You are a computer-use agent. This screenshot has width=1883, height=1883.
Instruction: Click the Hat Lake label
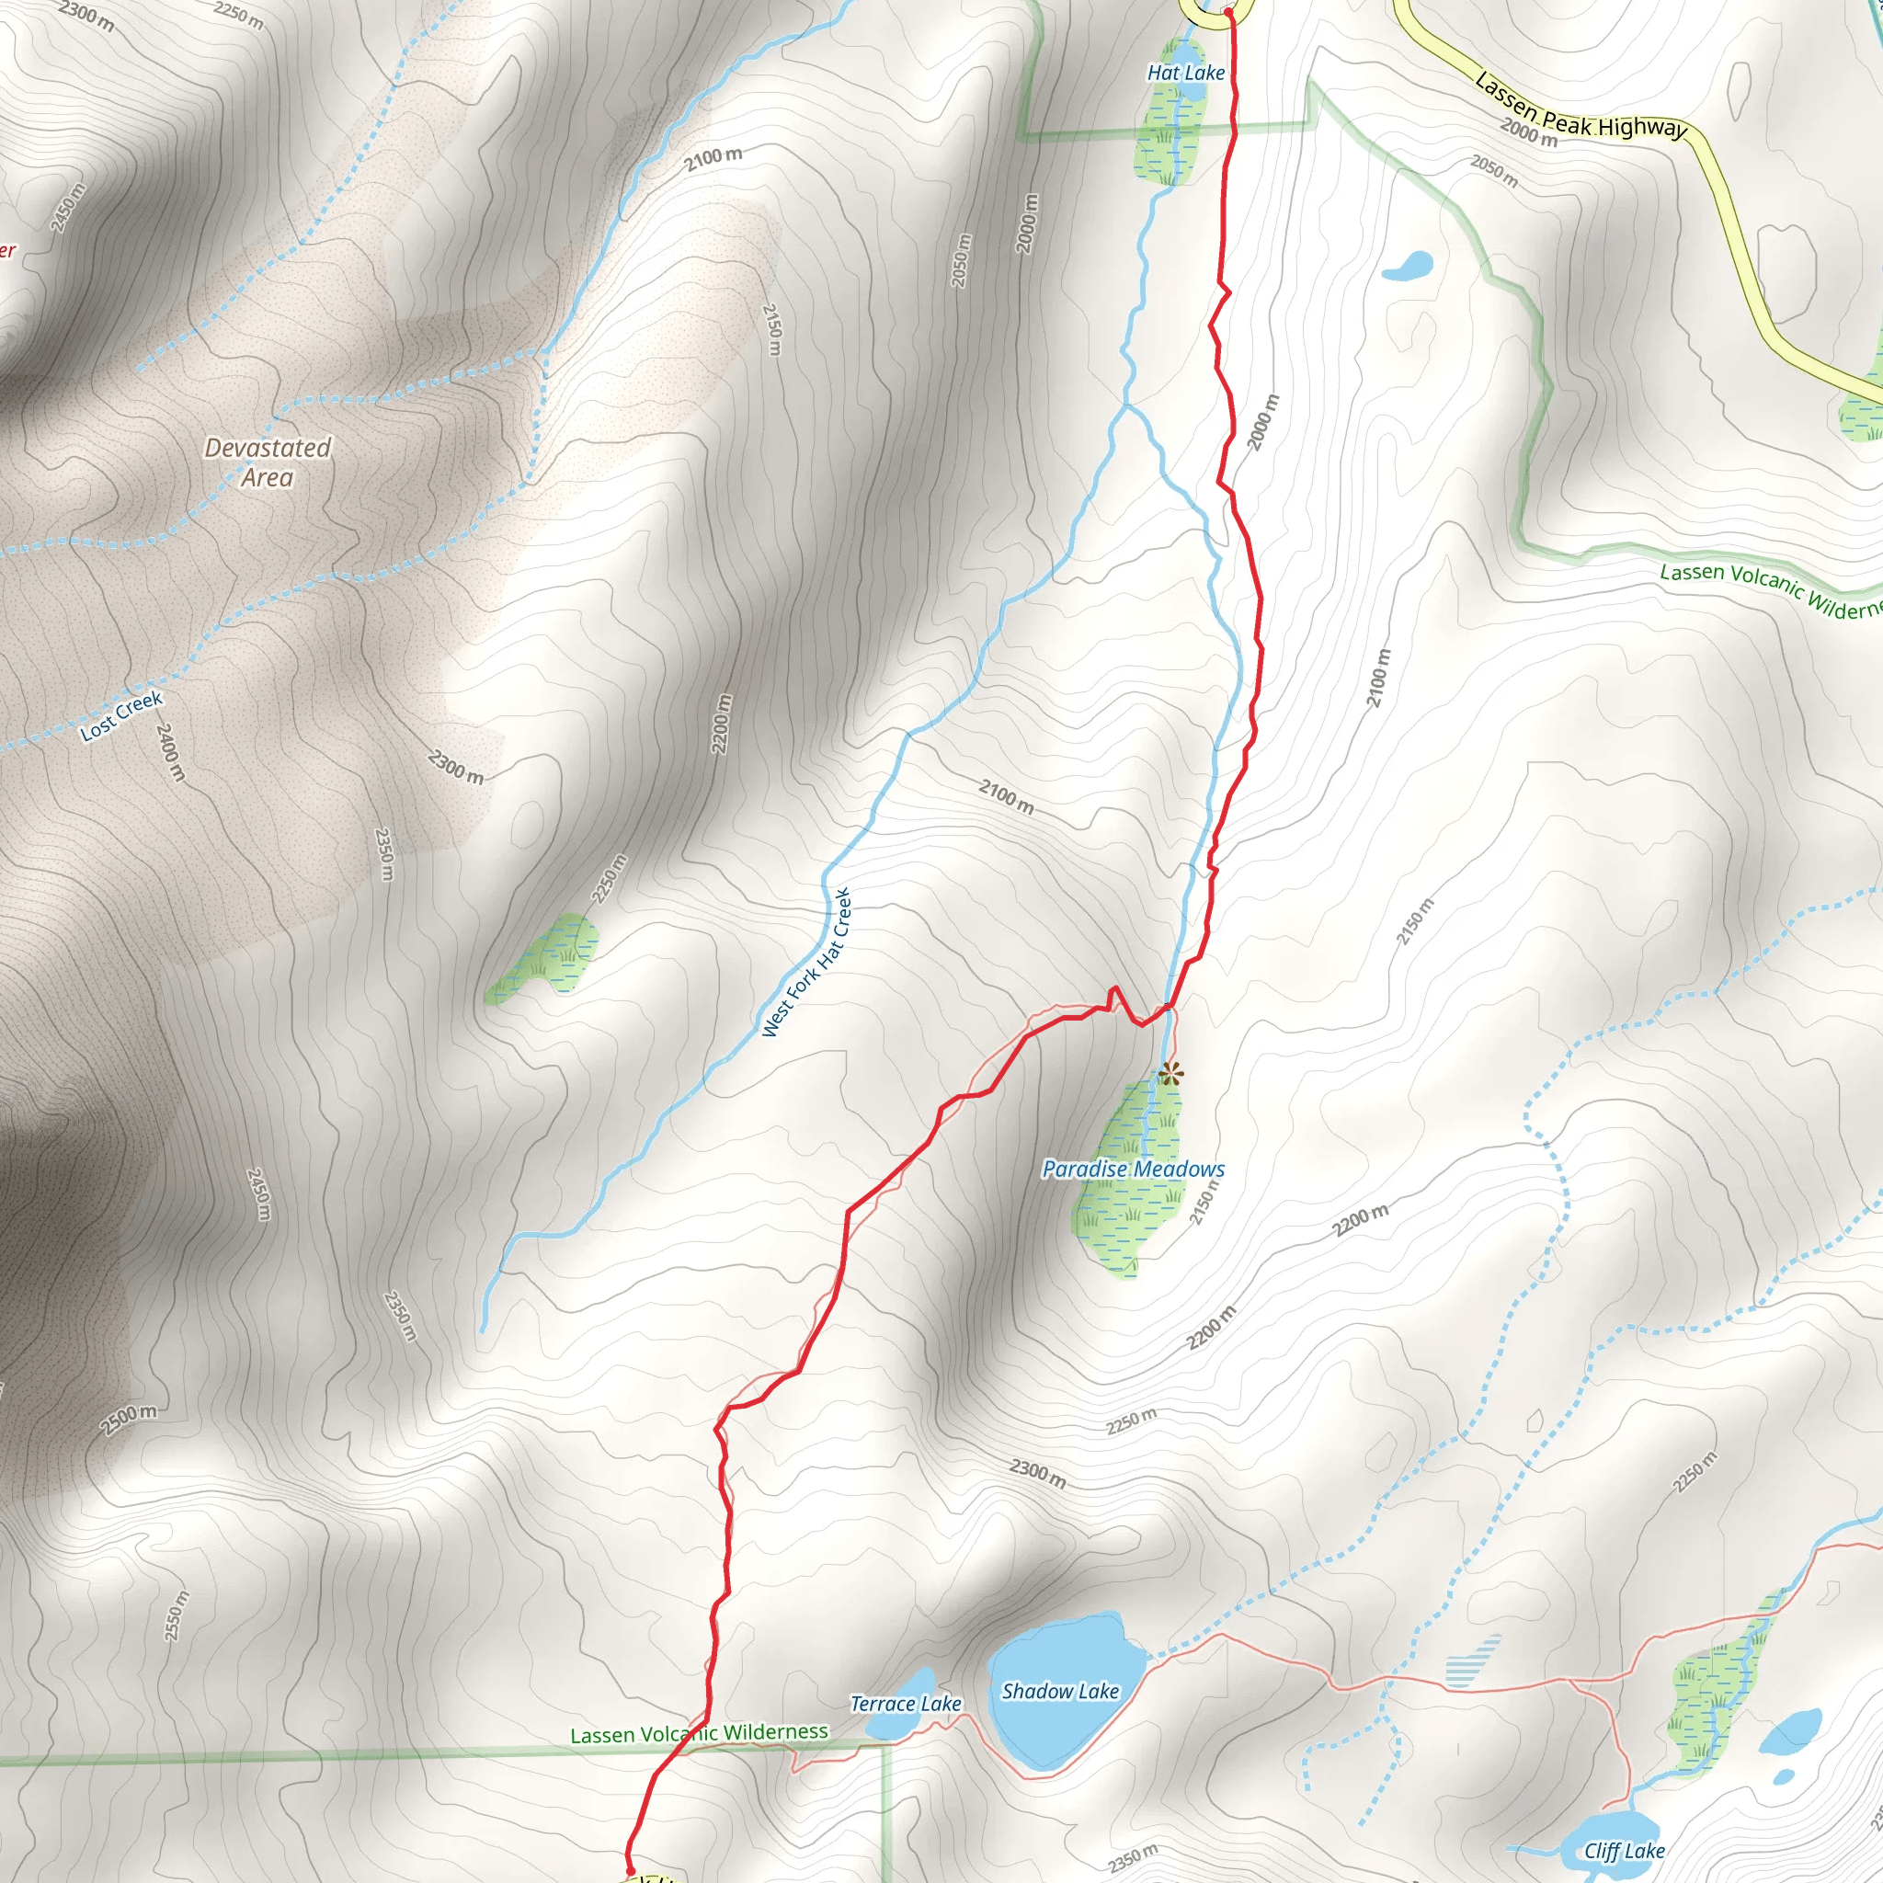point(1185,74)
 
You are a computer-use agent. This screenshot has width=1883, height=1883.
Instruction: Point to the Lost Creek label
point(122,715)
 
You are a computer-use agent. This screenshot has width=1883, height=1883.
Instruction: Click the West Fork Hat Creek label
point(807,962)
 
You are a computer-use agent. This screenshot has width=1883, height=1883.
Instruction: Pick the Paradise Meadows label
point(1133,1169)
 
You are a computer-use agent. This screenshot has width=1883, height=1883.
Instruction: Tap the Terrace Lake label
point(906,1704)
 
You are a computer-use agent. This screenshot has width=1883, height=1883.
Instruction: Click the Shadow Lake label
point(1060,1691)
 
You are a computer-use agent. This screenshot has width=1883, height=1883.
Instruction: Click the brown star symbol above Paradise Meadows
point(1170,1075)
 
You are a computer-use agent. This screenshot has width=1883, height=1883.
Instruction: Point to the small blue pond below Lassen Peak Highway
point(1408,265)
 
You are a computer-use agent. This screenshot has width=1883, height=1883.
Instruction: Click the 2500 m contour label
point(128,1420)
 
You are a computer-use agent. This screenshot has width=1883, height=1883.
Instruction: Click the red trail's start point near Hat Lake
point(1227,13)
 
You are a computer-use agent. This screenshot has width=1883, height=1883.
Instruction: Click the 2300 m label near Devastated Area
point(455,767)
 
